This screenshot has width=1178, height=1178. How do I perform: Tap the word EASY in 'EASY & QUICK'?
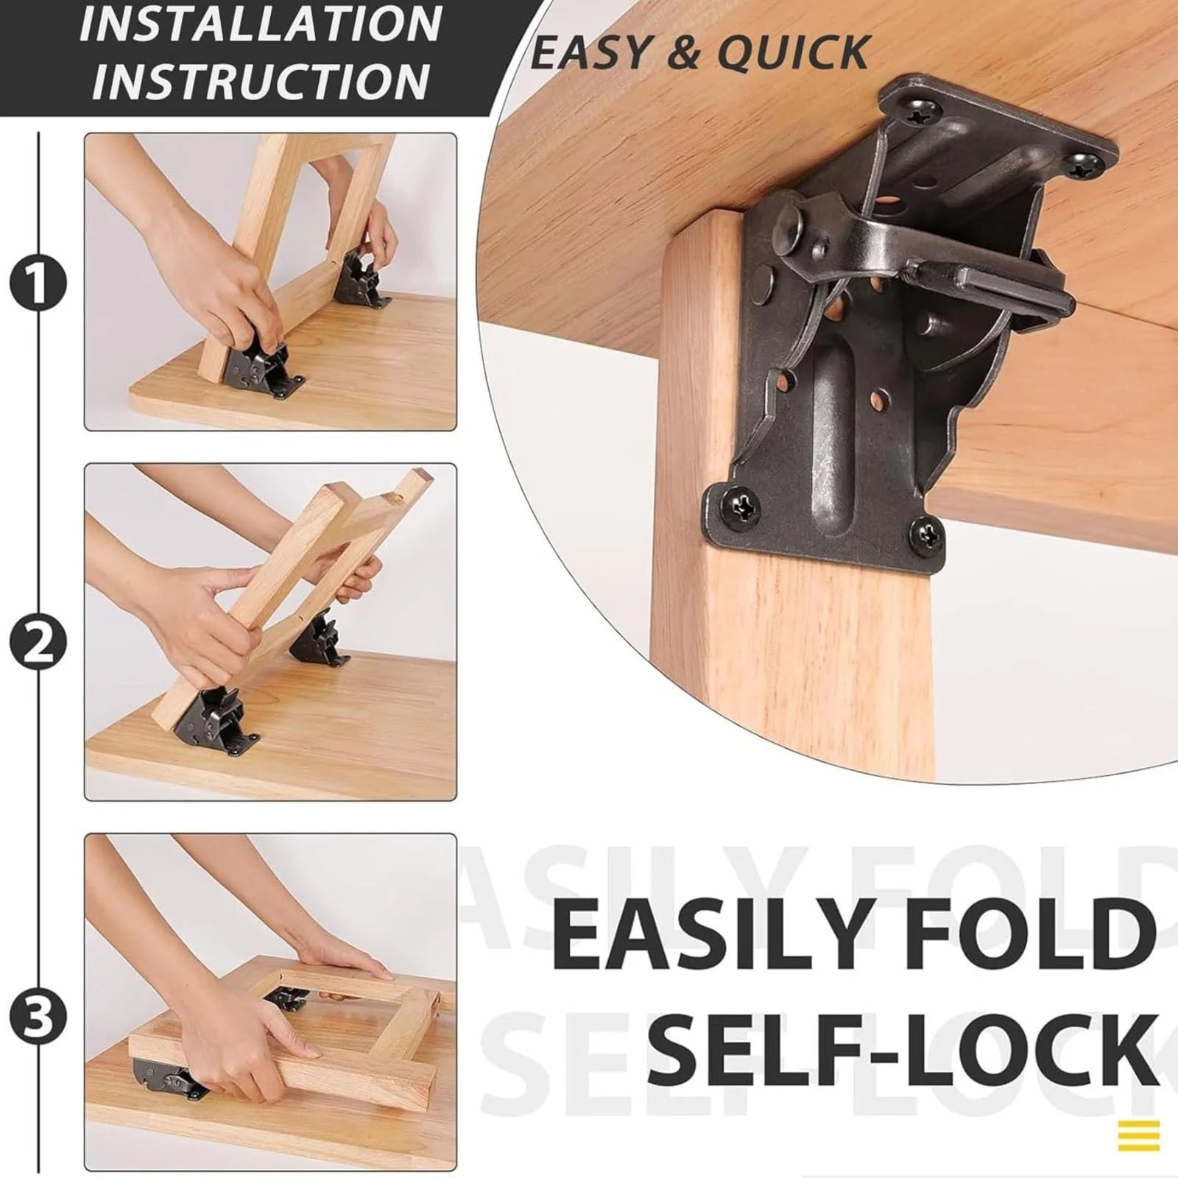[x=591, y=53]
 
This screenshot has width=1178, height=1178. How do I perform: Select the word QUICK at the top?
[x=793, y=53]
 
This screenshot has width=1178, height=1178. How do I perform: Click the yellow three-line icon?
[x=1138, y=1135]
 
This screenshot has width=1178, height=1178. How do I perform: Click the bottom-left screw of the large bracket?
[x=739, y=507]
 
